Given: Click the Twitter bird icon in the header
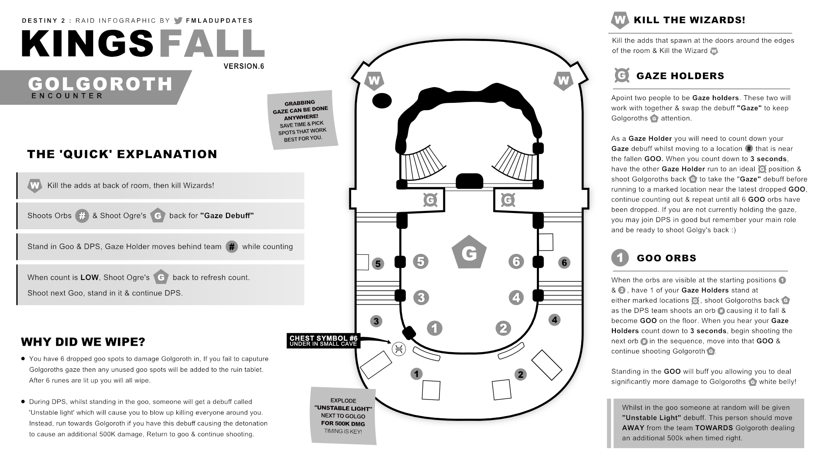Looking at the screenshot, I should coord(178,20).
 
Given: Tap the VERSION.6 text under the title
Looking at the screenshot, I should coord(244,66).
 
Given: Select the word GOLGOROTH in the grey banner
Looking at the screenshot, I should coord(100,84).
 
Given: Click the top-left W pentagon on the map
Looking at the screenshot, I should coord(374,81).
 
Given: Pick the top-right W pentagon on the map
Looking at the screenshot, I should coord(563,81).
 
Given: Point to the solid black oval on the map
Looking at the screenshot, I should coord(382,101).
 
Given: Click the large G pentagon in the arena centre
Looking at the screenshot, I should coord(469,253).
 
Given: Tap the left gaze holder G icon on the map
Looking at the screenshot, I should coord(430,200).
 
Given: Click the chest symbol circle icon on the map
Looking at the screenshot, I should coord(398,349).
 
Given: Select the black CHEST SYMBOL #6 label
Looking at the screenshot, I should coord(323,341).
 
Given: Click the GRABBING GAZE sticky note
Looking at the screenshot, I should coord(302,120).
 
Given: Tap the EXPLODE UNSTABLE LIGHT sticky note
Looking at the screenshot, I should coord(343,416).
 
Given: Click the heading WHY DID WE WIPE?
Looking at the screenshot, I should coord(83,342).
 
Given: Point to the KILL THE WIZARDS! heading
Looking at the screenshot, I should coord(689,20).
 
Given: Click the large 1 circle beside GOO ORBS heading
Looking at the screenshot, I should coord(620,258).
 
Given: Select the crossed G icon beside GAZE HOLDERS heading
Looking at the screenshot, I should coord(622,76).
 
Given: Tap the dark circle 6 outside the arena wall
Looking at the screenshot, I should coord(564,263).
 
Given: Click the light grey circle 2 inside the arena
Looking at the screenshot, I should coord(503,328).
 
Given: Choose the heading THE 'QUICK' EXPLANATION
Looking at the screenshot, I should coord(122,154).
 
